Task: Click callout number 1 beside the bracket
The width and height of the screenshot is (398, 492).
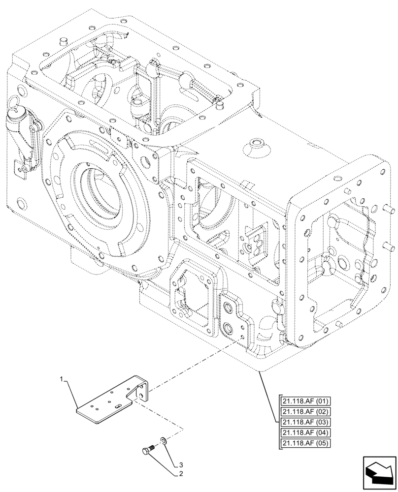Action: click(62, 379)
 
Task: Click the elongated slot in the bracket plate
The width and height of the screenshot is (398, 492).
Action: click(119, 405)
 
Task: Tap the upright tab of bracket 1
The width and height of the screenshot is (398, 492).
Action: click(142, 391)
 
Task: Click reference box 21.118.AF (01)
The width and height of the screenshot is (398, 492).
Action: click(305, 401)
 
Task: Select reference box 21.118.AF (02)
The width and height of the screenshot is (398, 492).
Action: click(305, 412)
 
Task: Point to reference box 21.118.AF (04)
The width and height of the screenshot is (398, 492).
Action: click(305, 433)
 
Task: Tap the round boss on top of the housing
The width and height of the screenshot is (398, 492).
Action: click(257, 145)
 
